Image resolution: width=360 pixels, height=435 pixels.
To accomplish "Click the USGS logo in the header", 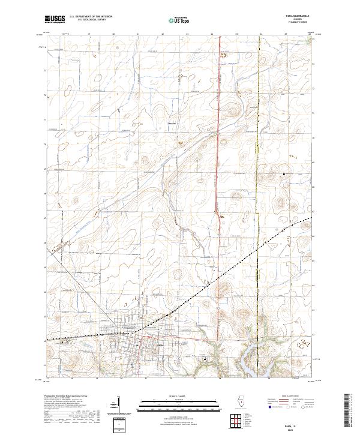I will pos(55,19).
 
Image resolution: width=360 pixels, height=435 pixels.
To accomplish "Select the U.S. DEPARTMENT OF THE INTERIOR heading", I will pos(91,16).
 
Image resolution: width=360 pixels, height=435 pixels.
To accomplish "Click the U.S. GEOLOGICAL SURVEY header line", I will pos(89,20).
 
